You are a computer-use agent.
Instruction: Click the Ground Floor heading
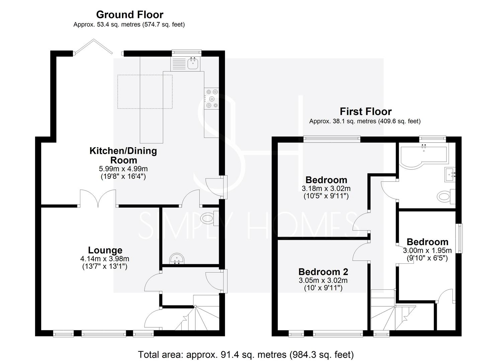click(x=130, y=15)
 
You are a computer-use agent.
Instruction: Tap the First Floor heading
click(x=365, y=111)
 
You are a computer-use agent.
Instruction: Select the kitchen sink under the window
click(x=193, y=63)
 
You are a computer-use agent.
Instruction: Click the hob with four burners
click(x=212, y=99)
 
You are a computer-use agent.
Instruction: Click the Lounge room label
click(x=105, y=250)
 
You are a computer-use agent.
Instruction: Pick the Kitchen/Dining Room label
click(x=123, y=155)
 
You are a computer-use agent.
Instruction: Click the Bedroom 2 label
click(x=323, y=271)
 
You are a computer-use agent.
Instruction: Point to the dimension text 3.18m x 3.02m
click(x=326, y=189)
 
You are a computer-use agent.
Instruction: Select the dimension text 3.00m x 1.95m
click(x=427, y=250)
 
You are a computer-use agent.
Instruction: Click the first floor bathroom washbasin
click(x=449, y=175)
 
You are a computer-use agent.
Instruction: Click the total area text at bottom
click(x=246, y=354)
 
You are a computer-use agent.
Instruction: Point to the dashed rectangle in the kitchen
click(x=145, y=92)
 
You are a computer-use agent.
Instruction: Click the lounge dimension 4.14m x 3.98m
click(x=105, y=259)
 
